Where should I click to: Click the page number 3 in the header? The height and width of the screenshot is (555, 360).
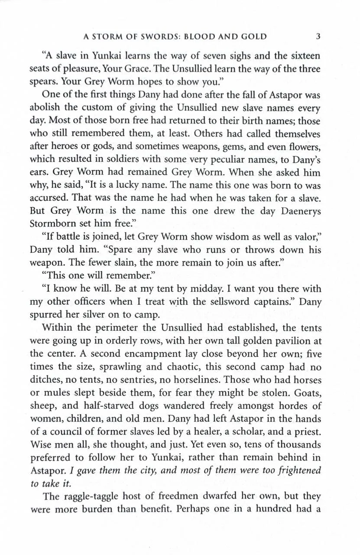point(318,36)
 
